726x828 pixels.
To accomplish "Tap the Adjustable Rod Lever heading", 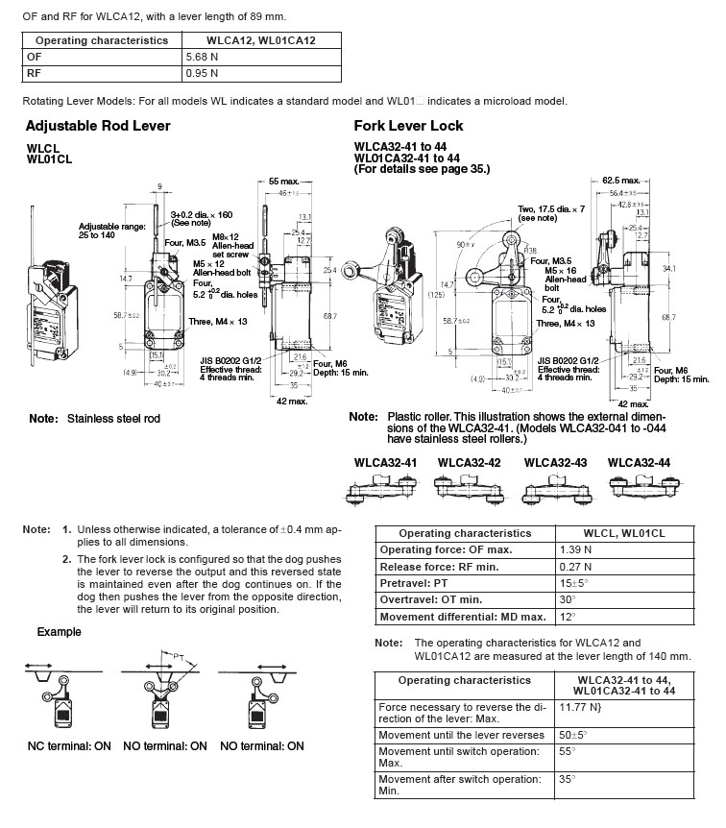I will (98, 125).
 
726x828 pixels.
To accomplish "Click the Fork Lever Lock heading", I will (408, 125).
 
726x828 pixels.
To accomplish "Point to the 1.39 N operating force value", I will (575, 549).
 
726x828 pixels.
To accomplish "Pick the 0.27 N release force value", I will (575, 567).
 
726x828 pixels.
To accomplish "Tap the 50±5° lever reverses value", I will (573, 735).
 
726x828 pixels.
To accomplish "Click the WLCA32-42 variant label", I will (470, 462).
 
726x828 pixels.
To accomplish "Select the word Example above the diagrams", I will (59, 632).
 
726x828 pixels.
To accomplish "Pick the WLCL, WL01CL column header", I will (625, 533).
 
